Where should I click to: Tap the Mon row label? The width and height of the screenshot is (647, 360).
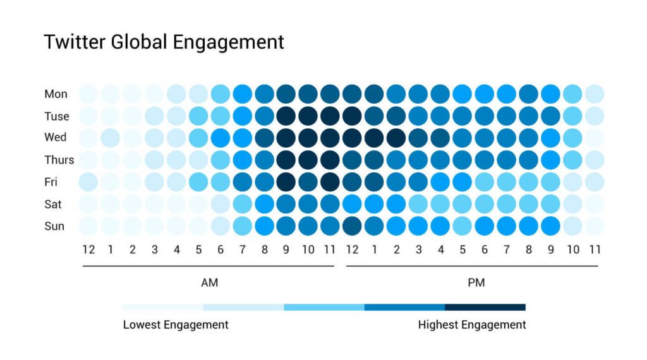point(56,94)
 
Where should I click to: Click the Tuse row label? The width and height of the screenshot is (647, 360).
point(57,116)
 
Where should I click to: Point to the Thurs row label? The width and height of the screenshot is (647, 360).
point(59,160)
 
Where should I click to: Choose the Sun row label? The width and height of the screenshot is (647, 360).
point(54,226)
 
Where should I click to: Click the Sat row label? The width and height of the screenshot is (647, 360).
point(54,204)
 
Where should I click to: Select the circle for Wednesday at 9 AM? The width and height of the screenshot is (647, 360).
point(286,138)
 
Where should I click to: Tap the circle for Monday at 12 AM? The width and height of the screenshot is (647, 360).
point(88,94)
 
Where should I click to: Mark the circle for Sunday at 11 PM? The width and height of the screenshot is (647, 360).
point(594,225)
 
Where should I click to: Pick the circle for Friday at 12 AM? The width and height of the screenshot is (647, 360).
point(88,182)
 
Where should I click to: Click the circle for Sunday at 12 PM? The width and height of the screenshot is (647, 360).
point(353,225)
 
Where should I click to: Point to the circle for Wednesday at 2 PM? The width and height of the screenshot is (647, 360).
point(396,138)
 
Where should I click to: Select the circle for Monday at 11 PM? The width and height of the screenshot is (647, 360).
point(594,94)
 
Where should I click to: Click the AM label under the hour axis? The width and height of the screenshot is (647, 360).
point(209,283)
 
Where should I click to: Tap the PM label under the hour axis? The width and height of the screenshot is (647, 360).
point(476,283)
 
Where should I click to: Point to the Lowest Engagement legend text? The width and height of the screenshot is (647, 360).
point(176,325)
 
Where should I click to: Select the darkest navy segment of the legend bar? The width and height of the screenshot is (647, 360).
point(485,308)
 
